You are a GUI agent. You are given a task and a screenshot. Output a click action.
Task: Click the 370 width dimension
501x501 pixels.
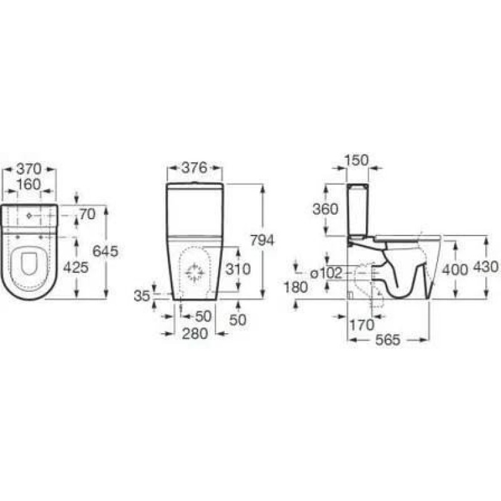click(29, 168)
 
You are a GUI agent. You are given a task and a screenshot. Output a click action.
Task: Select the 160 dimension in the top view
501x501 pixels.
click(29, 184)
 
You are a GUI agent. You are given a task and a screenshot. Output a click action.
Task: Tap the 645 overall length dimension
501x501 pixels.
click(105, 251)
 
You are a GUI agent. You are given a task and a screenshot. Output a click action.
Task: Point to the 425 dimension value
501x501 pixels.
click(76, 267)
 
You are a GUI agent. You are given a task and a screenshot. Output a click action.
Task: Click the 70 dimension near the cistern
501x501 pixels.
click(87, 214)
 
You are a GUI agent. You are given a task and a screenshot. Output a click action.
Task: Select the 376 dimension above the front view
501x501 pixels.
click(194, 168)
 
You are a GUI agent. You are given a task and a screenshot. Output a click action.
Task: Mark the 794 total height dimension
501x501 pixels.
click(262, 240)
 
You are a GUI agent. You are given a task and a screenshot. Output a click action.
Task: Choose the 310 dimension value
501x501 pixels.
click(238, 269)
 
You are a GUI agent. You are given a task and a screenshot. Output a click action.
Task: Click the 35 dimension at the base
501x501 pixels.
click(142, 296)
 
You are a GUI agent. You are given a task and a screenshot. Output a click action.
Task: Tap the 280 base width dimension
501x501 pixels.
click(195, 334)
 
